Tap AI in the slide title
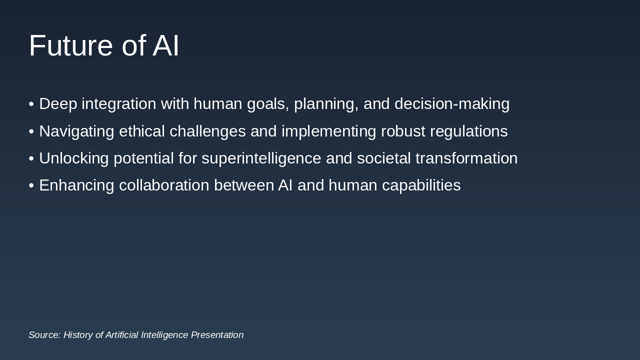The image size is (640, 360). coord(165,45)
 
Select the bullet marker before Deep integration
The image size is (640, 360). coord(31,104)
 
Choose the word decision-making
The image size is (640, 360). coord(452,104)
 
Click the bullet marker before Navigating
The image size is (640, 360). coord(31,131)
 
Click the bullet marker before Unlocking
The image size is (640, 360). coord(31,158)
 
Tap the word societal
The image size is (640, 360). coord(383,158)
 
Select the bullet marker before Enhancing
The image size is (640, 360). coord(31,185)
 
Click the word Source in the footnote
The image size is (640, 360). coord(44,335)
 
